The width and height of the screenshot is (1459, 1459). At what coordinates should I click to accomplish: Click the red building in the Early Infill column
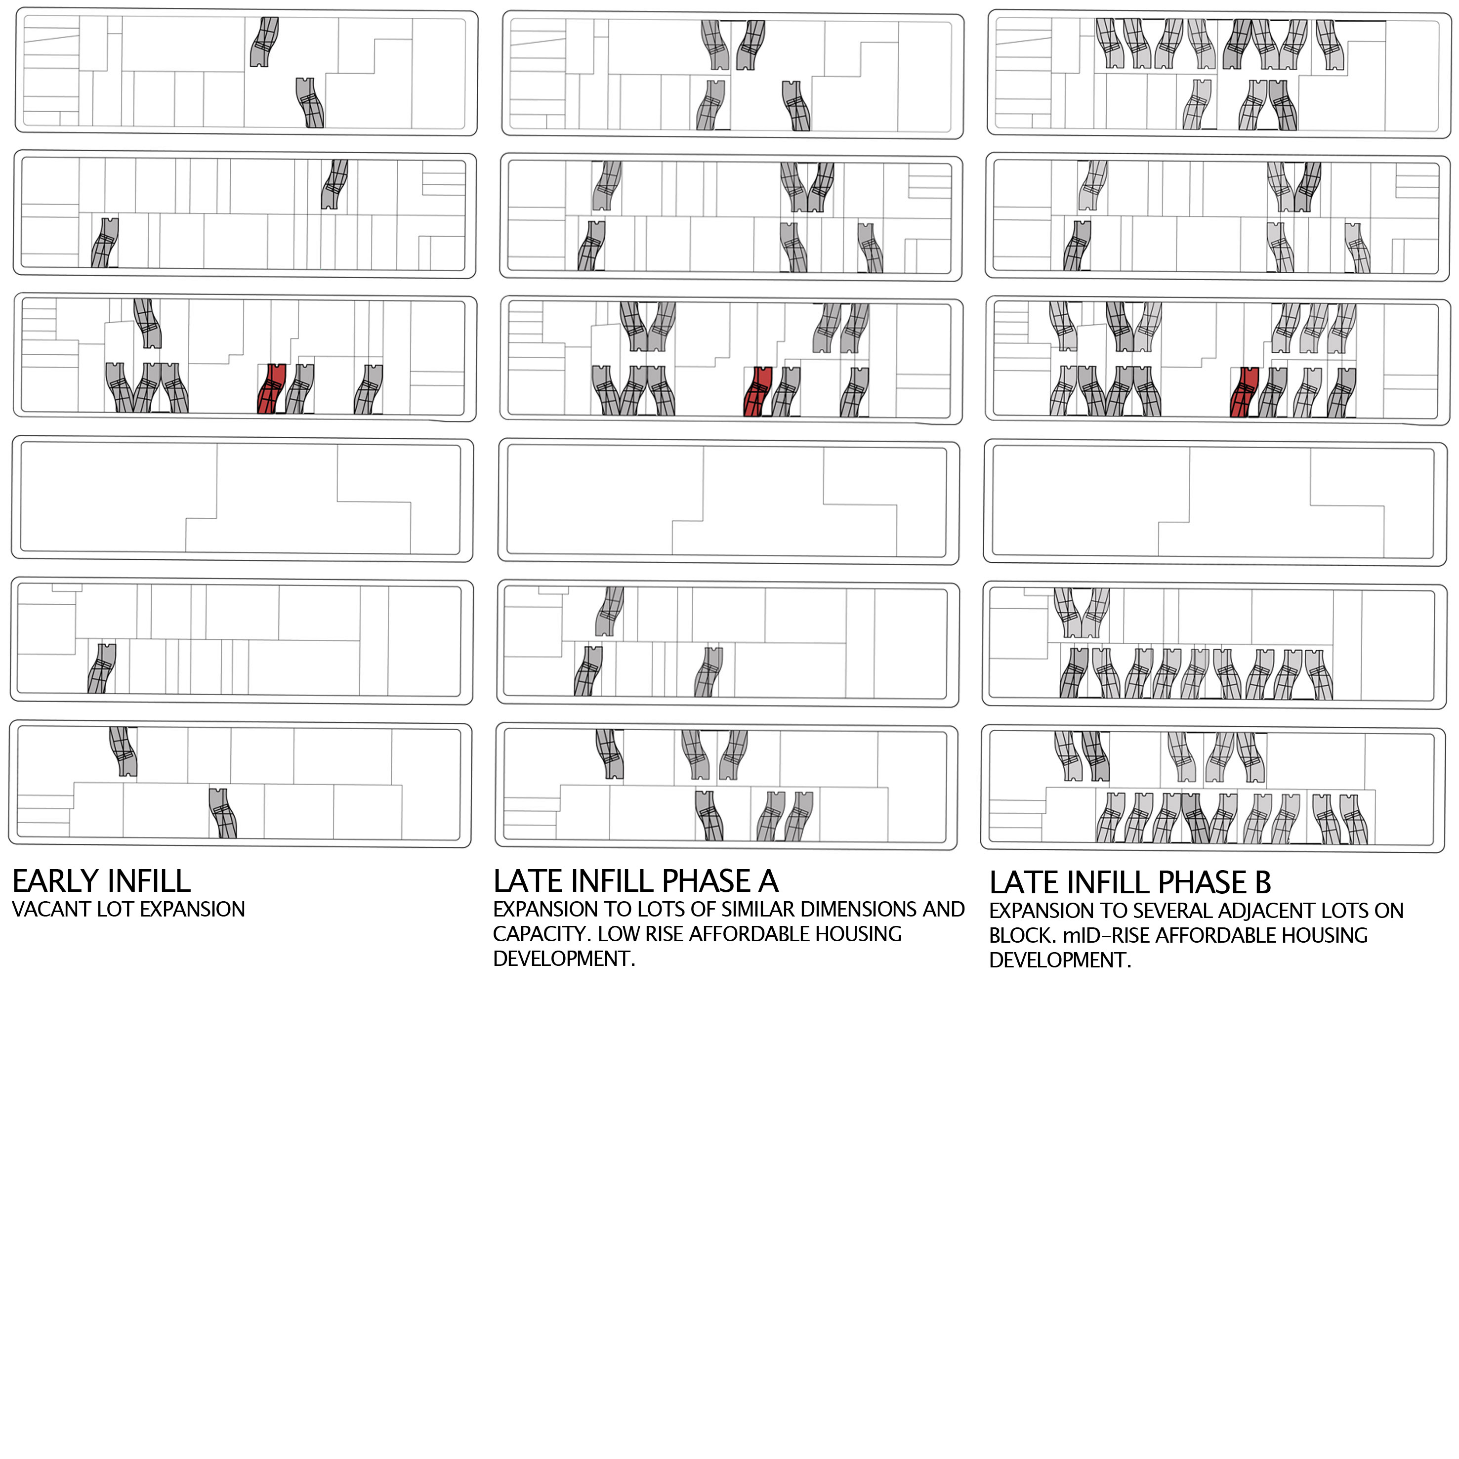[271, 389]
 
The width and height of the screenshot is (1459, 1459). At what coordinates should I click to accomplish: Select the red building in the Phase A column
[757, 392]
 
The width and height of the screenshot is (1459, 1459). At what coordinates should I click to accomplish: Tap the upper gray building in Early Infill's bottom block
[123, 752]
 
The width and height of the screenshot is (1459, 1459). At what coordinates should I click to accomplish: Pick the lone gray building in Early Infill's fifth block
[102, 668]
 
